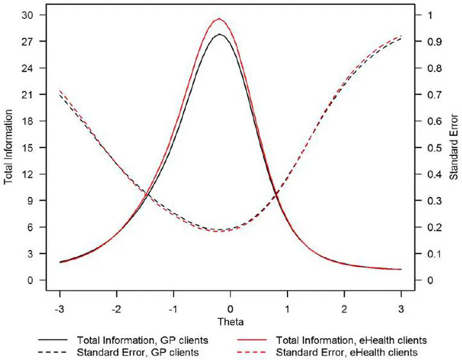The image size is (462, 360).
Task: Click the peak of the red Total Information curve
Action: coord(219,19)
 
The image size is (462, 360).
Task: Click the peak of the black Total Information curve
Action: coord(219,34)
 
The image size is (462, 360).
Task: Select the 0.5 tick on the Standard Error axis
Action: coord(434,148)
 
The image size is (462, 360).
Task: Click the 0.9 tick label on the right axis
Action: coord(434,42)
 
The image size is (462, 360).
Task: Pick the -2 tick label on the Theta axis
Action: coord(116,308)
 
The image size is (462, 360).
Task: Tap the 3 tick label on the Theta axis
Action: coord(401,308)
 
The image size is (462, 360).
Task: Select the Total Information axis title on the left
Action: coord(9,148)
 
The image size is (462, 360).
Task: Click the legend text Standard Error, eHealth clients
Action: coord(348,352)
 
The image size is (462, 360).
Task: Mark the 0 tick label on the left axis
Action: coord(28,280)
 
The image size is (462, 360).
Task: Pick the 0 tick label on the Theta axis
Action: coord(230,308)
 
